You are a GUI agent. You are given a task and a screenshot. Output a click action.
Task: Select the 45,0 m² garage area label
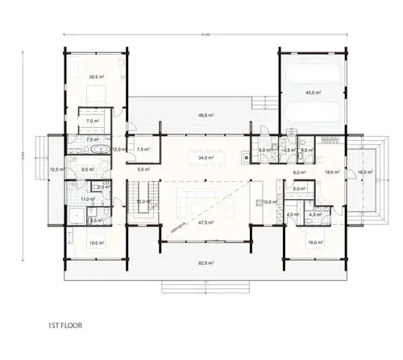click(314, 92)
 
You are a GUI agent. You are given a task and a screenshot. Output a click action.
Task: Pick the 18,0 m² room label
click(330, 172)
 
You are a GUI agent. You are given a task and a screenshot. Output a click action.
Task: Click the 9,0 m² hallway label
click(297, 172)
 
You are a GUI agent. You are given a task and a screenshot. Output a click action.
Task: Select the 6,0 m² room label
click(263, 151)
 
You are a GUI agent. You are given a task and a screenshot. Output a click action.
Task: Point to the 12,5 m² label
click(56, 169)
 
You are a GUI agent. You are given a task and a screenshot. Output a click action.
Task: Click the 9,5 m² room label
click(87, 169)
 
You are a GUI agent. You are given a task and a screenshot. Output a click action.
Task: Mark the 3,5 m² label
click(94, 219)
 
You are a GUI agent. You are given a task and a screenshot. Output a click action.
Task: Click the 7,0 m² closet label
click(93, 121)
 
